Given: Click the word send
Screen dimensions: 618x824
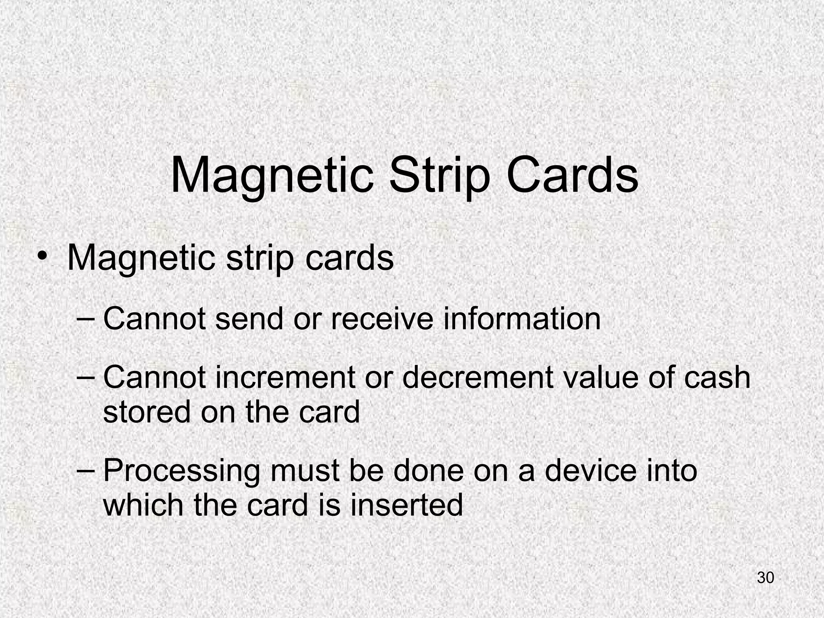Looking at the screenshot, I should coord(249,319).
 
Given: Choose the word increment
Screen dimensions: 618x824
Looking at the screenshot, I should coord(286,378).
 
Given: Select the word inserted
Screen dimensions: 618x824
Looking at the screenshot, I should coord(406,505).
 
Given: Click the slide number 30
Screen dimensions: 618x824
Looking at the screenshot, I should coord(765,577).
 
